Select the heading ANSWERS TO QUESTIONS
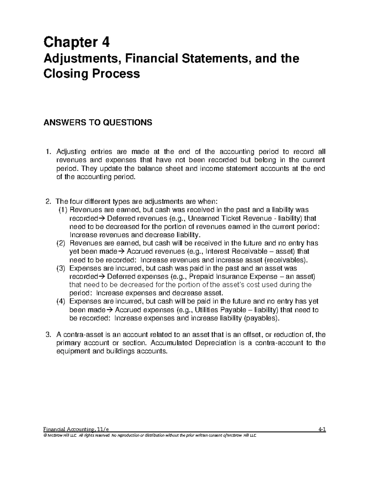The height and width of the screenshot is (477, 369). coord(98,123)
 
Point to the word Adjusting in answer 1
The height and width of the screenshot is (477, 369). coord(71,152)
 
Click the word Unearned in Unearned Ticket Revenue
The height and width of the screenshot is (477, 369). coord(200,218)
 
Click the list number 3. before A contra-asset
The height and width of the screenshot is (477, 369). coord(48,334)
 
